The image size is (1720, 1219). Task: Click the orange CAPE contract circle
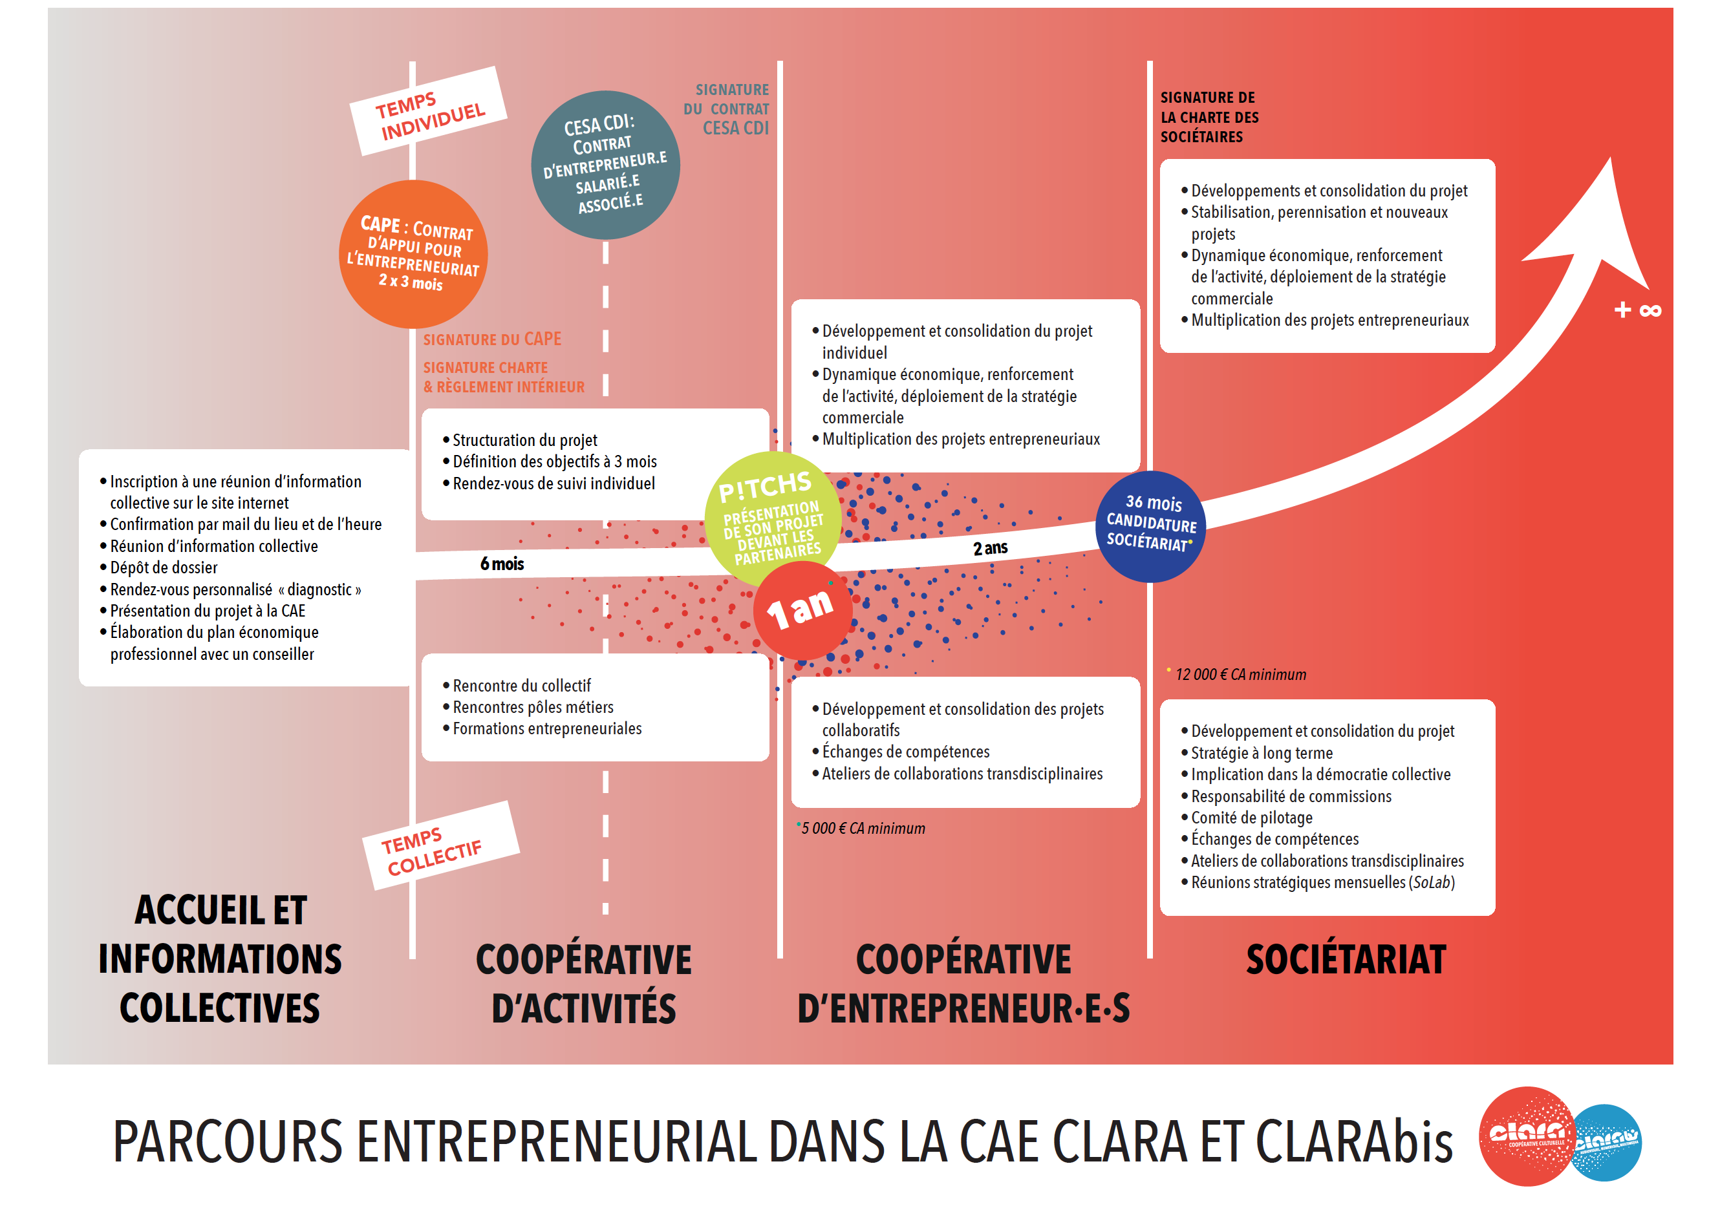pos(413,254)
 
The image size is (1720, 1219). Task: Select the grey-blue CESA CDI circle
pos(605,165)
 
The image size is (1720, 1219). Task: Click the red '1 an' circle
pos(802,609)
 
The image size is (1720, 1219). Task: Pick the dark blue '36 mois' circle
pos(1151,526)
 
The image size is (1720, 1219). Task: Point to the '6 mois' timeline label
pos(502,564)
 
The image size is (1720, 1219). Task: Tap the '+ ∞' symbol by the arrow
pos(1637,310)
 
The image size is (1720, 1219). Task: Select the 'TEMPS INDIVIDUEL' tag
pos(429,111)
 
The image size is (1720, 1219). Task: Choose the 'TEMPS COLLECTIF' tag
pos(441,845)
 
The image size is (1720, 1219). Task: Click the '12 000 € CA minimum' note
pos(1240,675)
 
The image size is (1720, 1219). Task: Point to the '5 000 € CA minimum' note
pos(863,829)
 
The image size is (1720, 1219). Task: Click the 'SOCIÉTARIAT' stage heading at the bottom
pos(1346,960)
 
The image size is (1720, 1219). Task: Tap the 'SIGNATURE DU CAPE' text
pos(491,339)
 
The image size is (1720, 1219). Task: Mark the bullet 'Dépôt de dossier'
pos(159,567)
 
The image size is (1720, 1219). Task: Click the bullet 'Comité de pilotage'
pos(1247,818)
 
